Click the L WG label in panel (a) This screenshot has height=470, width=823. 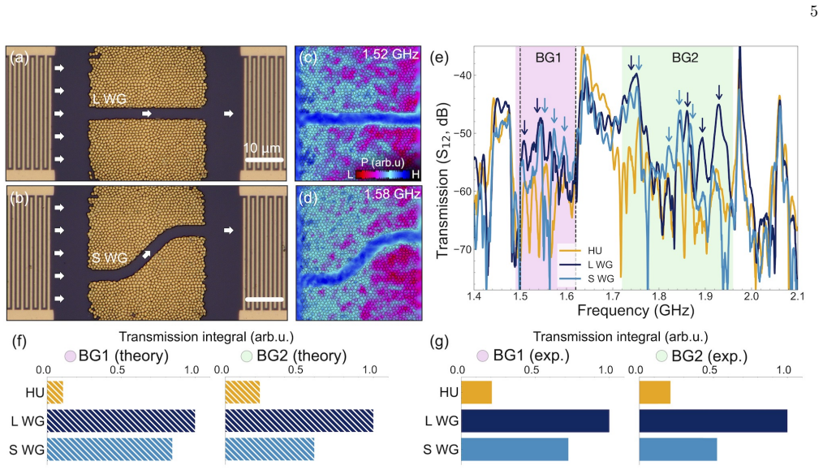point(110,98)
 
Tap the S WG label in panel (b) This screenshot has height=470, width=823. point(110,258)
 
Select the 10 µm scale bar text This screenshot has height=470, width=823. point(262,148)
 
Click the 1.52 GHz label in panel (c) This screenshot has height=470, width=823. point(391,54)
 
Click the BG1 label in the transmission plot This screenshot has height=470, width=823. point(548,58)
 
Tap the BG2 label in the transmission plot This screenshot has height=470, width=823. point(685,58)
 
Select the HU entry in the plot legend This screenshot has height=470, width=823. point(595,251)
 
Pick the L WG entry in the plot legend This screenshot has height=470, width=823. point(600,265)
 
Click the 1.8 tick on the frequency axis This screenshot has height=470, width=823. point(659,297)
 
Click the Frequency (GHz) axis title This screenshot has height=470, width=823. point(636,310)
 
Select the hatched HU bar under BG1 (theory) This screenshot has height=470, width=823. point(55,392)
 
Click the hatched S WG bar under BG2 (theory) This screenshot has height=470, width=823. point(269,449)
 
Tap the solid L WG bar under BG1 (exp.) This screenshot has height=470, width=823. point(536,420)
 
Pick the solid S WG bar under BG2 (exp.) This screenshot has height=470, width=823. point(679,449)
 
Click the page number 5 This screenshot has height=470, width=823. point(813,11)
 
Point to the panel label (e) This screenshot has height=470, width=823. point(439,58)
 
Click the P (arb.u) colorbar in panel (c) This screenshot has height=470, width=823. point(383,173)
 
